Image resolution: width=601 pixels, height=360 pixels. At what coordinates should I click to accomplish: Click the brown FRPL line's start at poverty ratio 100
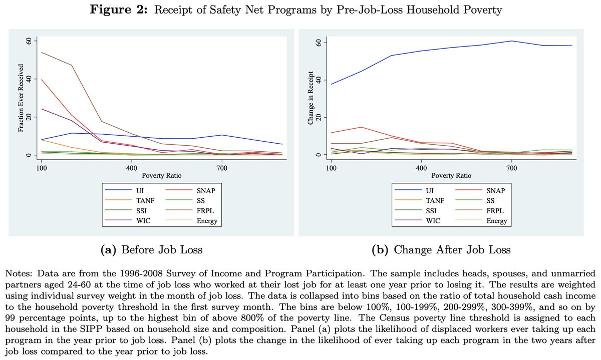[42, 53]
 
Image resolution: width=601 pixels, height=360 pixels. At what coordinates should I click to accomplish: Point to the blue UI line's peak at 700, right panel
[511, 41]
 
